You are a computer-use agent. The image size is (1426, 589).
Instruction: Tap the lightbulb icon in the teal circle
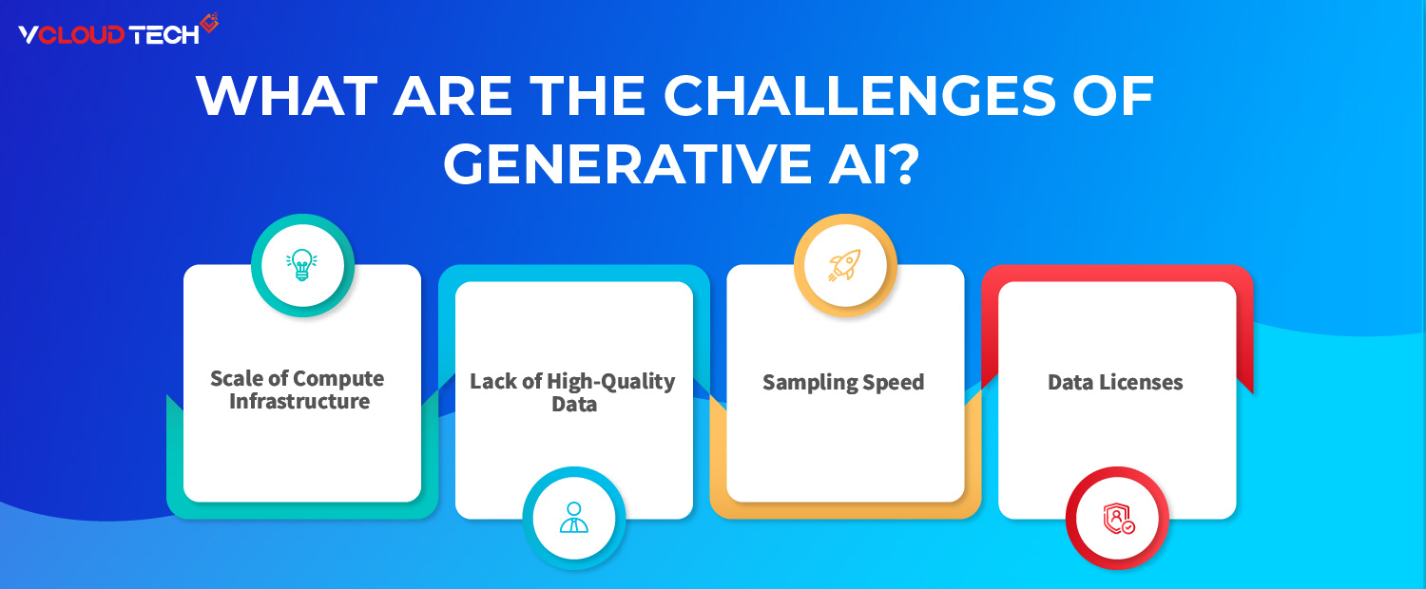point(302,265)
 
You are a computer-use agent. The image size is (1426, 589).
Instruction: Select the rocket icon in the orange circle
point(843,265)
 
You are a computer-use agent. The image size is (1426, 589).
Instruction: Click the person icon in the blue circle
point(573,518)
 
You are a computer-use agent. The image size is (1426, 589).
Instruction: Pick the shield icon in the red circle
point(1117,518)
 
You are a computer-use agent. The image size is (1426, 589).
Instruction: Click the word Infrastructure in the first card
point(299,402)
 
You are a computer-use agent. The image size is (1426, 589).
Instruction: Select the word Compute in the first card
point(338,379)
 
